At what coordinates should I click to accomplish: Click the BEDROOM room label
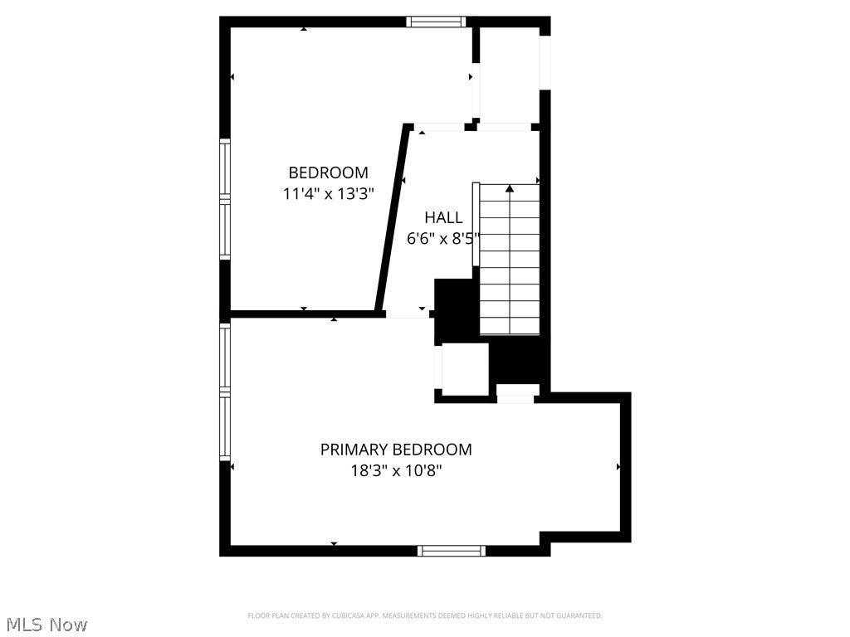pyautogui.click(x=328, y=173)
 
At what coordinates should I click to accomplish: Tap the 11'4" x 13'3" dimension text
pyautogui.click(x=328, y=194)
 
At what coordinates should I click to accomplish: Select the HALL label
pyautogui.click(x=443, y=217)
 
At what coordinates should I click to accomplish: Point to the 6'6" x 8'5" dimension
pyautogui.click(x=443, y=239)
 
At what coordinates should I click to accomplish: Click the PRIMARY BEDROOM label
pyautogui.click(x=396, y=450)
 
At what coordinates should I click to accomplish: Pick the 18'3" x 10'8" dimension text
pyautogui.click(x=396, y=471)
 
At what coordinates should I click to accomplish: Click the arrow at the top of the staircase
pyautogui.click(x=510, y=189)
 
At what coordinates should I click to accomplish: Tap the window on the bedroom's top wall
pyautogui.click(x=436, y=22)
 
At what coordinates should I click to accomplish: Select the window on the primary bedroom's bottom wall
pyautogui.click(x=452, y=550)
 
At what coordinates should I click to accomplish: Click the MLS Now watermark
pyautogui.click(x=45, y=624)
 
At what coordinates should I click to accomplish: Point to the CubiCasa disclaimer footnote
pyautogui.click(x=425, y=615)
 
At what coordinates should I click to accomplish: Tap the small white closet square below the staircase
pyautogui.click(x=464, y=368)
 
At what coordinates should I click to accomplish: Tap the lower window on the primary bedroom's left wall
pyautogui.click(x=224, y=428)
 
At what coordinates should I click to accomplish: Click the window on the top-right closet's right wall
pyautogui.click(x=545, y=62)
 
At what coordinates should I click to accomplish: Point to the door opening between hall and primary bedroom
pyautogui.click(x=408, y=314)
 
